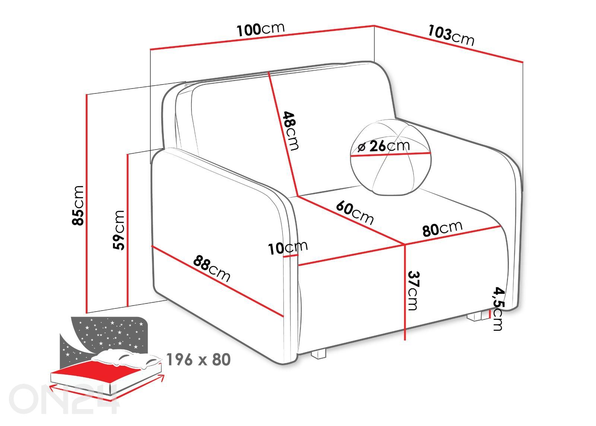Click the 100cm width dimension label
(x=260, y=29)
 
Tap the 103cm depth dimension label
(x=451, y=35)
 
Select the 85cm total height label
(x=78, y=205)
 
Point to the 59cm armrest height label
(x=118, y=230)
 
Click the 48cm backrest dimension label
(x=291, y=131)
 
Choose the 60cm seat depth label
(x=355, y=213)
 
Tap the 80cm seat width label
(x=442, y=228)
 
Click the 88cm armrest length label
(x=212, y=268)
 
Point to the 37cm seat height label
(x=413, y=291)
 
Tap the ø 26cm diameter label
(x=383, y=146)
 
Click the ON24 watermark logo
(x=64, y=398)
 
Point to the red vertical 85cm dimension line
(x=86, y=204)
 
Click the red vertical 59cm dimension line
(x=127, y=230)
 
